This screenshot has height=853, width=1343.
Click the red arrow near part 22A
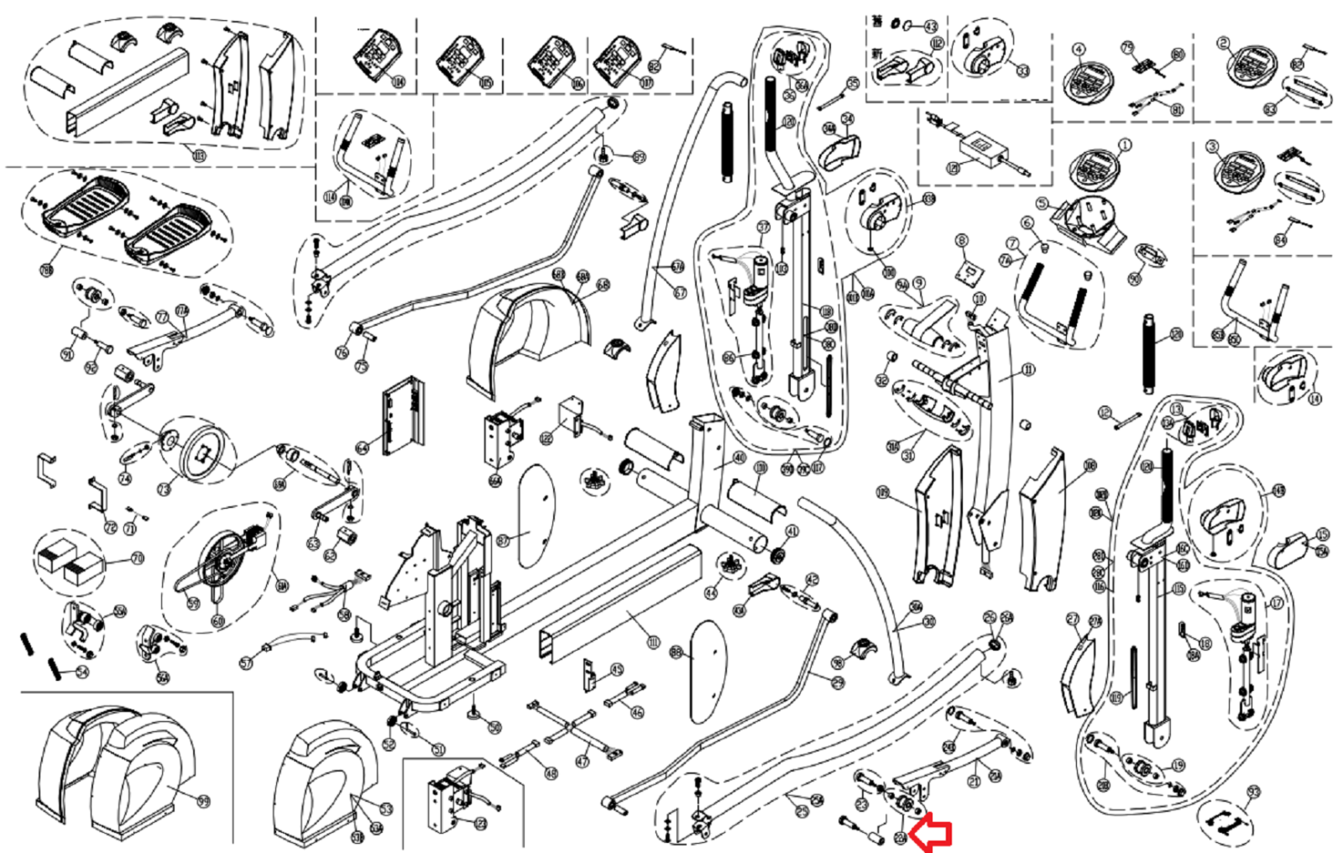[932, 834]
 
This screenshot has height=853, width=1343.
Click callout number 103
[199, 154]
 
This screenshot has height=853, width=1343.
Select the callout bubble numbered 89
[640, 157]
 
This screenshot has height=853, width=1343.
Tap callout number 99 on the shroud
[203, 801]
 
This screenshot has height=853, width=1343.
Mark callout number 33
[1022, 71]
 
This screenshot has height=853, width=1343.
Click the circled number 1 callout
[1125, 145]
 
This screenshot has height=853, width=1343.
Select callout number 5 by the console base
[1042, 203]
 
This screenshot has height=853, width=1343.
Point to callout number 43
[931, 26]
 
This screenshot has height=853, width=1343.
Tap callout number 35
[854, 83]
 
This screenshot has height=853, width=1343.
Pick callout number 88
[677, 652]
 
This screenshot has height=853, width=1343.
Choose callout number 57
[246, 663]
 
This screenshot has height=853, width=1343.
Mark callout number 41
[792, 531]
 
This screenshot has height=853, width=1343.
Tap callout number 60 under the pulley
[218, 621]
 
